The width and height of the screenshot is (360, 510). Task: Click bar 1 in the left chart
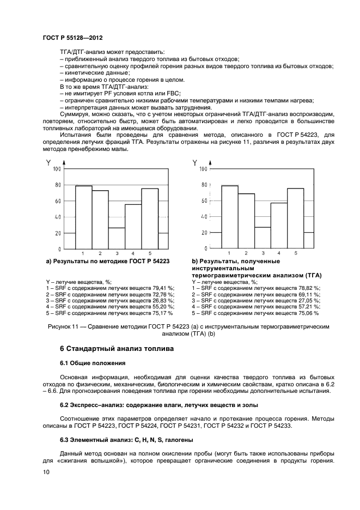(x=83, y=217)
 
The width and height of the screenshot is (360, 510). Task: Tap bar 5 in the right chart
(x=296, y=218)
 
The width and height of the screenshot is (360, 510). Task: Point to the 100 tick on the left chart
(x=57, y=169)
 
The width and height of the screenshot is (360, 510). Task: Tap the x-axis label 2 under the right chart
(x=246, y=253)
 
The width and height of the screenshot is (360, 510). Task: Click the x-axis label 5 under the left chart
(x=150, y=254)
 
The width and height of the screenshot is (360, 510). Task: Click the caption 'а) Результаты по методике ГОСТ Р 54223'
(x=108, y=262)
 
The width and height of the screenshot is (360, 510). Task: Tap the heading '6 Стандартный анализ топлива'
(x=117, y=348)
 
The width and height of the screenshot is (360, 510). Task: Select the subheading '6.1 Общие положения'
(x=93, y=363)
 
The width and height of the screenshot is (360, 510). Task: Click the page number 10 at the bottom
(x=46, y=473)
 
